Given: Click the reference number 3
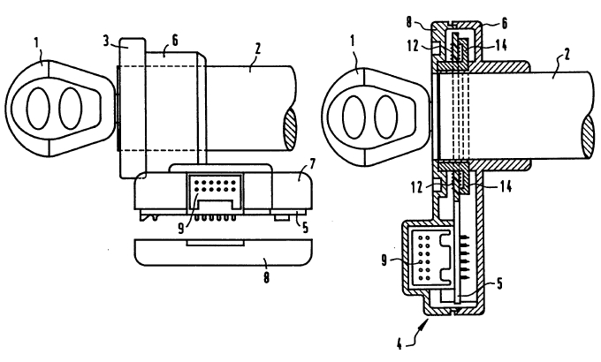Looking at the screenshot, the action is (107, 41).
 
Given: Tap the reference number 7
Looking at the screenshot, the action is (312, 165).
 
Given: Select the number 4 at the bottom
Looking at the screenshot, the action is (399, 344).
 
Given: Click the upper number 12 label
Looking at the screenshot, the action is (414, 46).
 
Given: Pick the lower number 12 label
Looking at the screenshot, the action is (416, 187).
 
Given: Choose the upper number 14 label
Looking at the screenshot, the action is (500, 45).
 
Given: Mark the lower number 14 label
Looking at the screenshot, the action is (506, 186).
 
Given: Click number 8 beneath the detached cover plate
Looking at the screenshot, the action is (266, 277).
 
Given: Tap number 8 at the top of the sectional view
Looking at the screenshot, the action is (409, 22).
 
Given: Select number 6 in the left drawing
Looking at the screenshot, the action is (175, 41).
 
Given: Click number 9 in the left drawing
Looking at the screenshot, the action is (181, 229).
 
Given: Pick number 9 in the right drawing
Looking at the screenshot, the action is (384, 261).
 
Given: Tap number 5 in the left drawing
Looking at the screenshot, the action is (305, 228).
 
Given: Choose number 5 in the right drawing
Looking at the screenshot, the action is (499, 283).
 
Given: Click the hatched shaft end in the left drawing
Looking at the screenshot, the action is (290, 129).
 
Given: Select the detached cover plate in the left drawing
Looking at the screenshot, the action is (224, 253).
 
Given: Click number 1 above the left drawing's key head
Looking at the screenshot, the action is (37, 43).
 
